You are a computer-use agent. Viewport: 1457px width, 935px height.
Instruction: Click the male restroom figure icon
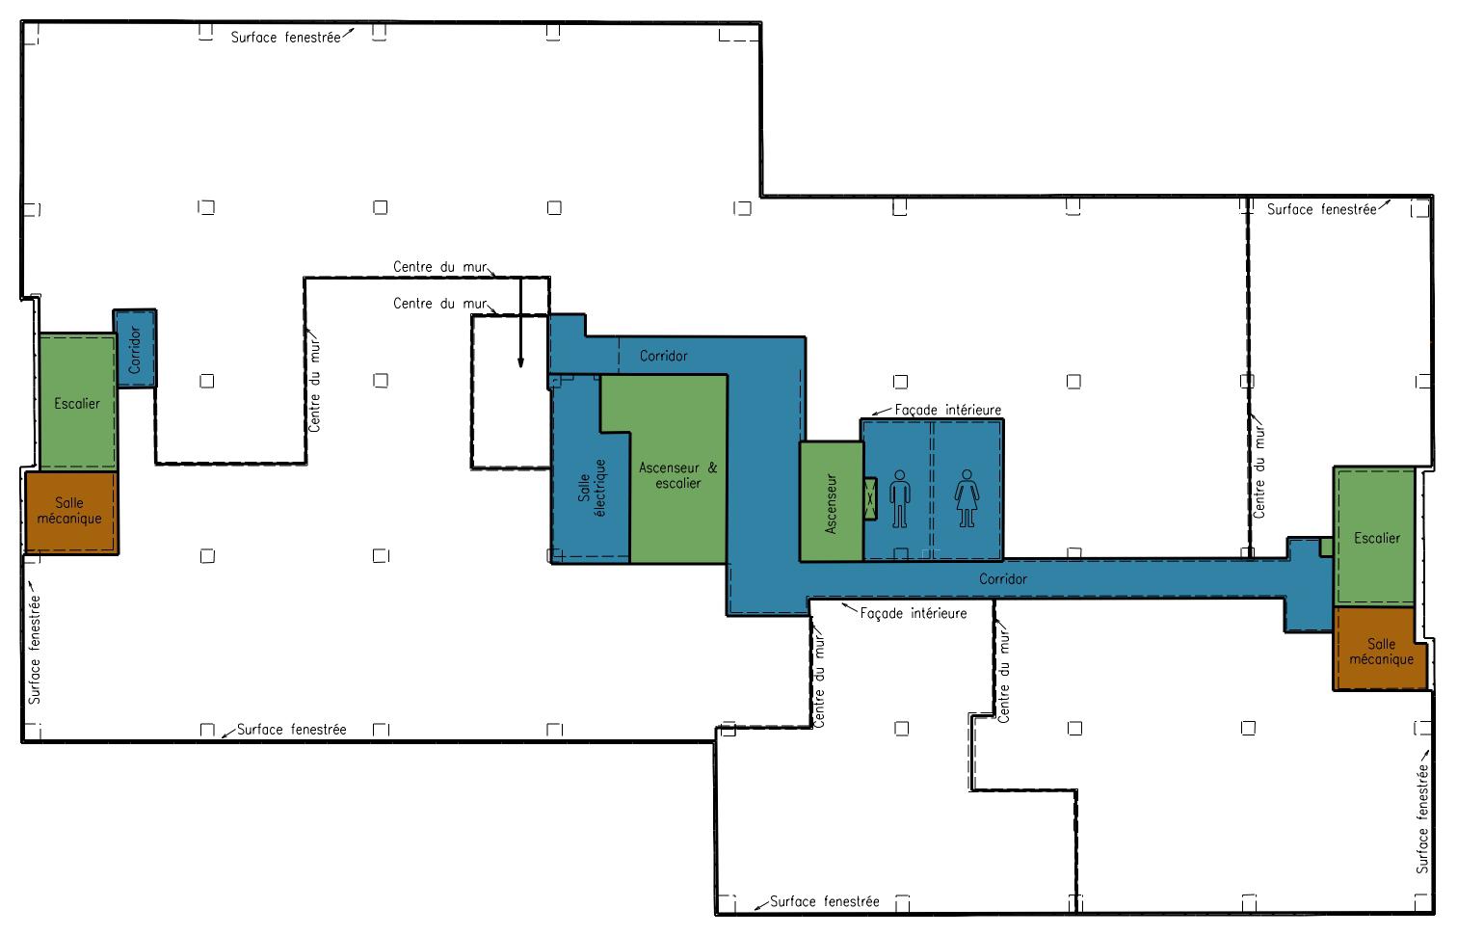point(900,498)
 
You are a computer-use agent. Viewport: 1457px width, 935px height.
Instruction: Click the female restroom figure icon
point(967,498)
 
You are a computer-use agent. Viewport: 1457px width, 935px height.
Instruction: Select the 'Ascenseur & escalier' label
point(678,475)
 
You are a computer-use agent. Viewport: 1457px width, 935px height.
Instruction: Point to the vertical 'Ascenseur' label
point(832,503)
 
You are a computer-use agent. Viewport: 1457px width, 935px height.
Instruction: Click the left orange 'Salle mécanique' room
point(69,512)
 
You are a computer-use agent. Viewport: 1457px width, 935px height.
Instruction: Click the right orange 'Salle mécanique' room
point(1380,652)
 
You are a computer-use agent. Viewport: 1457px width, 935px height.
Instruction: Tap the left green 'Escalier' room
point(77,404)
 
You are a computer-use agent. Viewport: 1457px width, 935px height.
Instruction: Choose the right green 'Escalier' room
point(1376,538)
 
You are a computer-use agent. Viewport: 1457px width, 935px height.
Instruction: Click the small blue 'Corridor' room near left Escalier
point(135,349)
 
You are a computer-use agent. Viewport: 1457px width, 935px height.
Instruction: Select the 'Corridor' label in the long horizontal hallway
point(1002,579)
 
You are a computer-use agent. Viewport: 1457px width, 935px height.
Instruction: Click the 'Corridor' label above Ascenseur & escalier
point(664,356)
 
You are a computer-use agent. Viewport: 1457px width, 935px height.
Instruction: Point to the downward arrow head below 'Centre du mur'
point(520,363)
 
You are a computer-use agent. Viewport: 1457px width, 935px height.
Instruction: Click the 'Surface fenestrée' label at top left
point(285,38)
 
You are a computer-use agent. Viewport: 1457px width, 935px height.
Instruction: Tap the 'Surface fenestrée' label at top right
point(1321,209)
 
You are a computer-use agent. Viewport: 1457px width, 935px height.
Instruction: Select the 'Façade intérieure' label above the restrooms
point(947,410)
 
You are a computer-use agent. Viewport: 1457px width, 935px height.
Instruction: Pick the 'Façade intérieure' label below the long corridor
point(913,613)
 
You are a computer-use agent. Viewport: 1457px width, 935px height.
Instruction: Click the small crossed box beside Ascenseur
point(871,498)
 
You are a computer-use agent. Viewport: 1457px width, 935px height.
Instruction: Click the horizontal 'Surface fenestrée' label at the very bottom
point(824,902)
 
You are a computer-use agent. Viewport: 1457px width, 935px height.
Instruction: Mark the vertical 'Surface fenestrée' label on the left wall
point(35,649)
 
